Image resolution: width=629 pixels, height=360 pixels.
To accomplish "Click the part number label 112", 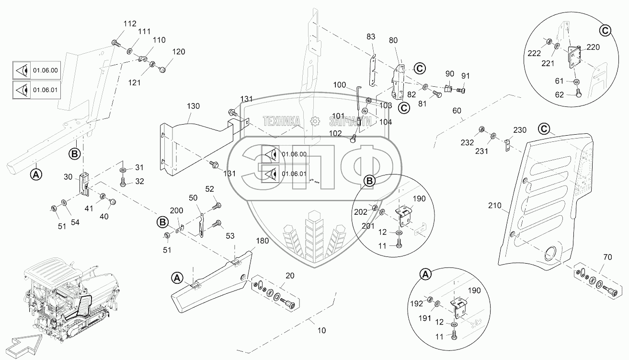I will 116,23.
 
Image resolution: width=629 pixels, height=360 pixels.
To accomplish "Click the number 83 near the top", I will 371,36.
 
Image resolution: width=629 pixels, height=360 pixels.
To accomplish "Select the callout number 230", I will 520,129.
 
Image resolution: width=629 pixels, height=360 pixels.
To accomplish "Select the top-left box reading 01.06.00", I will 36,70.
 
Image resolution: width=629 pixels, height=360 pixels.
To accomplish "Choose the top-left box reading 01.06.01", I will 36,90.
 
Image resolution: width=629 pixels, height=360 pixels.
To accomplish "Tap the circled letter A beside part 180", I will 177,278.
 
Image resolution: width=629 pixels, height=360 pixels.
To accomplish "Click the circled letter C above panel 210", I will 543,128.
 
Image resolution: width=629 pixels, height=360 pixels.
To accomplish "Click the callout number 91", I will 466,76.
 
